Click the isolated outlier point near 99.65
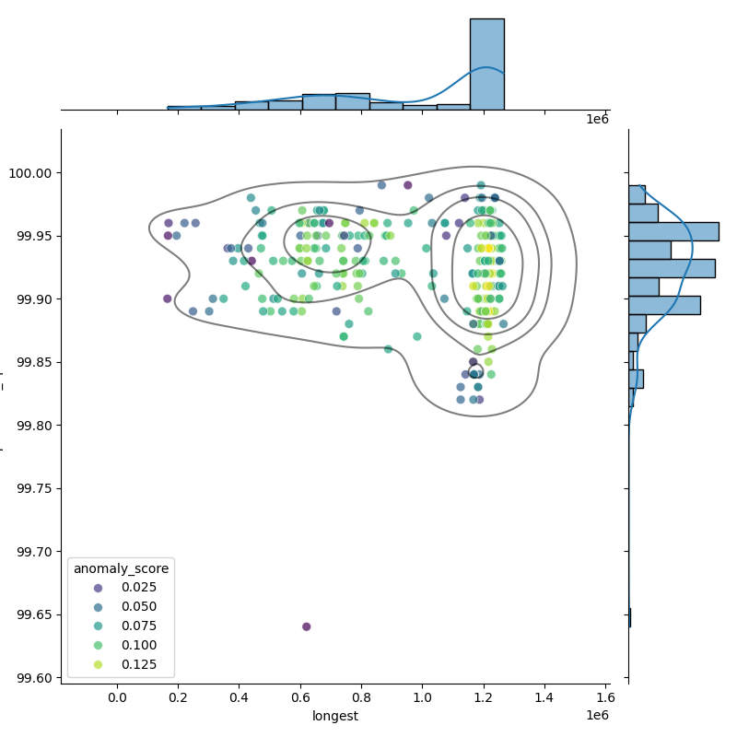point(307,626)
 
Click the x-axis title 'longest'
point(335,716)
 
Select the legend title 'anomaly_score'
point(122,568)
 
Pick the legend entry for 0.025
point(133,588)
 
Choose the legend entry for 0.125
point(133,665)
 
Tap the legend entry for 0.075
point(133,626)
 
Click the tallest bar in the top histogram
point(486,64)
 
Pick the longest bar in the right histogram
point(673,231)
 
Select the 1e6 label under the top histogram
point(597,120)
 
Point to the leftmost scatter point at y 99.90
point(167,298)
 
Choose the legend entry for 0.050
point(133,607)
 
